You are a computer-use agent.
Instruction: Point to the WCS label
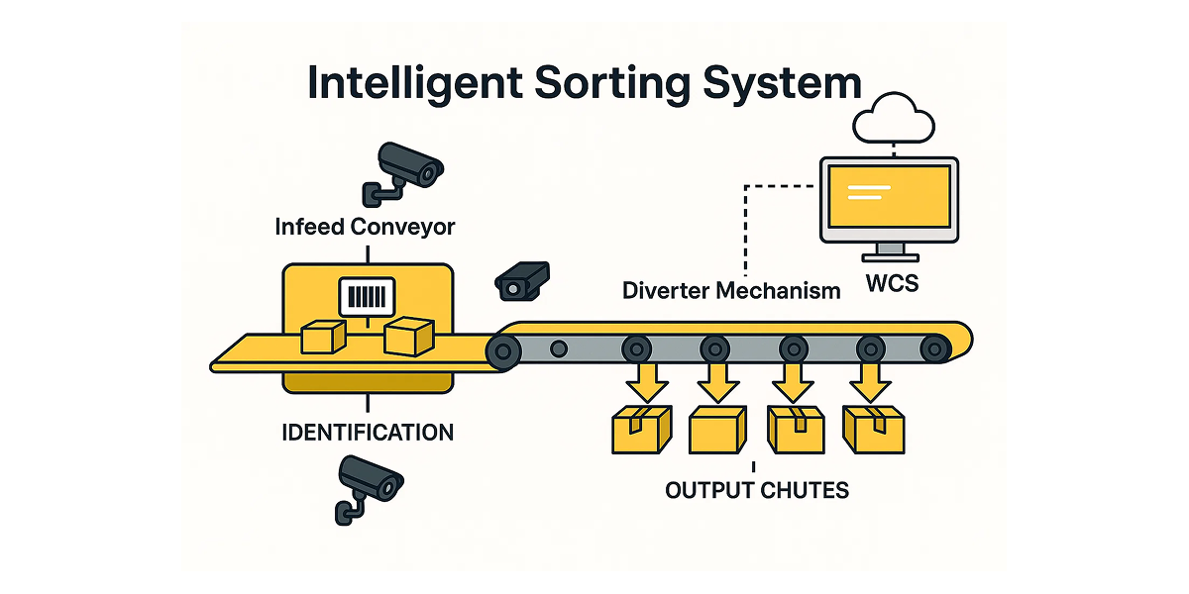(891, 284)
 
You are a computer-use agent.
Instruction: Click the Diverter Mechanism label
(731, 291)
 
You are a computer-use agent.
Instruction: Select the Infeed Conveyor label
(365, 227)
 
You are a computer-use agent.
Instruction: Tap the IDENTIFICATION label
(368, 433)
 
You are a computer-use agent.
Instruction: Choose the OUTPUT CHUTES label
(756, 490)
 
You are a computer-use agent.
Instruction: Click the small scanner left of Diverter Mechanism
(521, 279)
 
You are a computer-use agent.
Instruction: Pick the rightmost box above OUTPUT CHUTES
(873, 429)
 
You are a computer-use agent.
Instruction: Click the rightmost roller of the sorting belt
(934, 347)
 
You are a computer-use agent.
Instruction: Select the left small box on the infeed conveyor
(322, 337)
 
